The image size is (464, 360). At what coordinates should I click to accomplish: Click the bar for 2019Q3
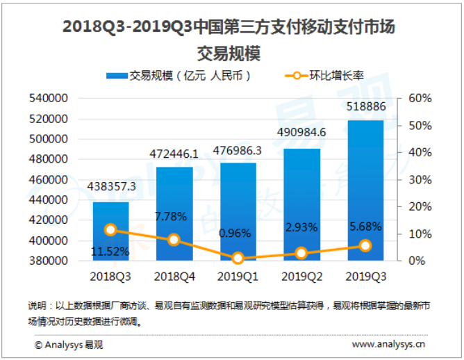(x=365, y=190)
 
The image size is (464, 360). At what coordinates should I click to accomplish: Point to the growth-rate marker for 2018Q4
(x=174, y=240)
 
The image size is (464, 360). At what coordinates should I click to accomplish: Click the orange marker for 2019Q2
(x=301, y=253)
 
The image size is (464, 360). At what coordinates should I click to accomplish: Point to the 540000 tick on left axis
(x=48, y=98)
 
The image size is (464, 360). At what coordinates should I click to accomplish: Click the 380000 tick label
(x=48, y=261)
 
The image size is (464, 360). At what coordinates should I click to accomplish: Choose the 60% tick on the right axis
(x=420, y=98)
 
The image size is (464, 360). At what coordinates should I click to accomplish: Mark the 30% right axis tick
(x=420, y=179)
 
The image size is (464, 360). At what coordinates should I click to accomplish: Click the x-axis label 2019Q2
(x=301, y=277)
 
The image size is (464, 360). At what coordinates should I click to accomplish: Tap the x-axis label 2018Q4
(x=174, y=277)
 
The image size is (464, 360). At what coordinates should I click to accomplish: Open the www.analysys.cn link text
(x=389, y=344)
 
